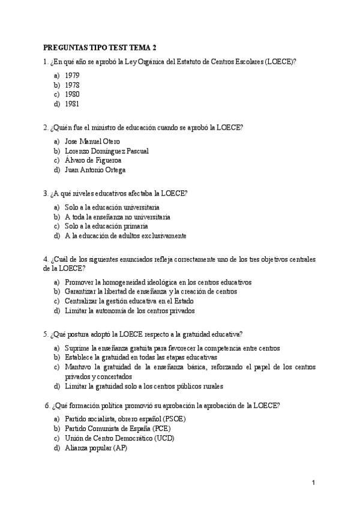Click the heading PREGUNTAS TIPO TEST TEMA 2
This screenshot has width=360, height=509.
click(x=100, y=47)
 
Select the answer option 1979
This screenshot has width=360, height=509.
click(x=72, y=75)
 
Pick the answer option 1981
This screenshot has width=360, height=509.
click(x=72, y=104)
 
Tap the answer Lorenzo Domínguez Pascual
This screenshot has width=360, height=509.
click(x=106, y=151)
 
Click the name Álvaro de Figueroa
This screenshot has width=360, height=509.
click(x=93, y=160)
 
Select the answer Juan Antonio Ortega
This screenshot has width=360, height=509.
click(x=95, y=170)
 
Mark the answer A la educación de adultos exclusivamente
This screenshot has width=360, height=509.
click(x=125, y=236)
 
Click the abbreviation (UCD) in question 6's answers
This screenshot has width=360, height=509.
click(x=167, y=438)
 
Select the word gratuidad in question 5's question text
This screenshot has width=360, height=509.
click(x=202, y=334)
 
